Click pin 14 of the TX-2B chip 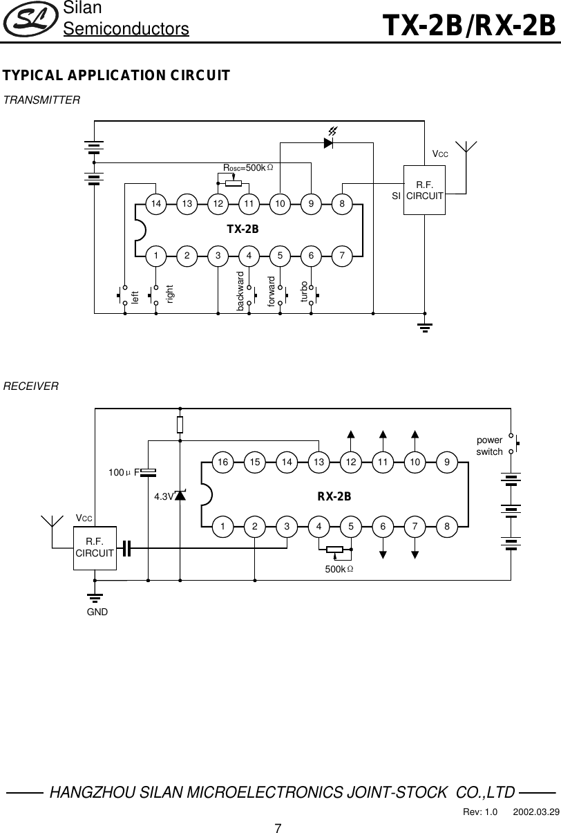click(x=157, y=204)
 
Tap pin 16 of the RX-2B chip click(x=222, y=461)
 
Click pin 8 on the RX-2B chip click(x=448, y=527)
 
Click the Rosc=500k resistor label click(x=247, y=168)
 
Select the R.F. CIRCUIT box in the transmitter click(x=424, y=190)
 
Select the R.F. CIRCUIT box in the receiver click(x=95, y=547)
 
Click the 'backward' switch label click(x=240, y=291)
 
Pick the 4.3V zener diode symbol click(x=180, y=495)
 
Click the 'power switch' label click(x=490, y=446)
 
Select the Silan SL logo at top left click(x=29, y=20)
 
